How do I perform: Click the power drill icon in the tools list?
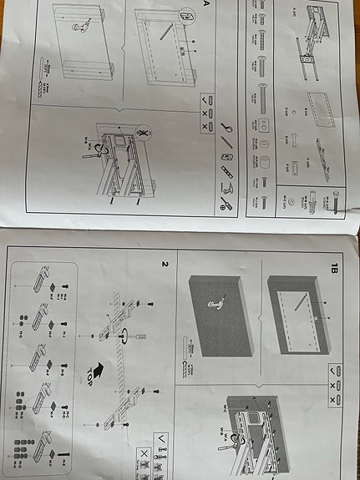click(226, 200)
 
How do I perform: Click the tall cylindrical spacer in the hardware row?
click(264, 159)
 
